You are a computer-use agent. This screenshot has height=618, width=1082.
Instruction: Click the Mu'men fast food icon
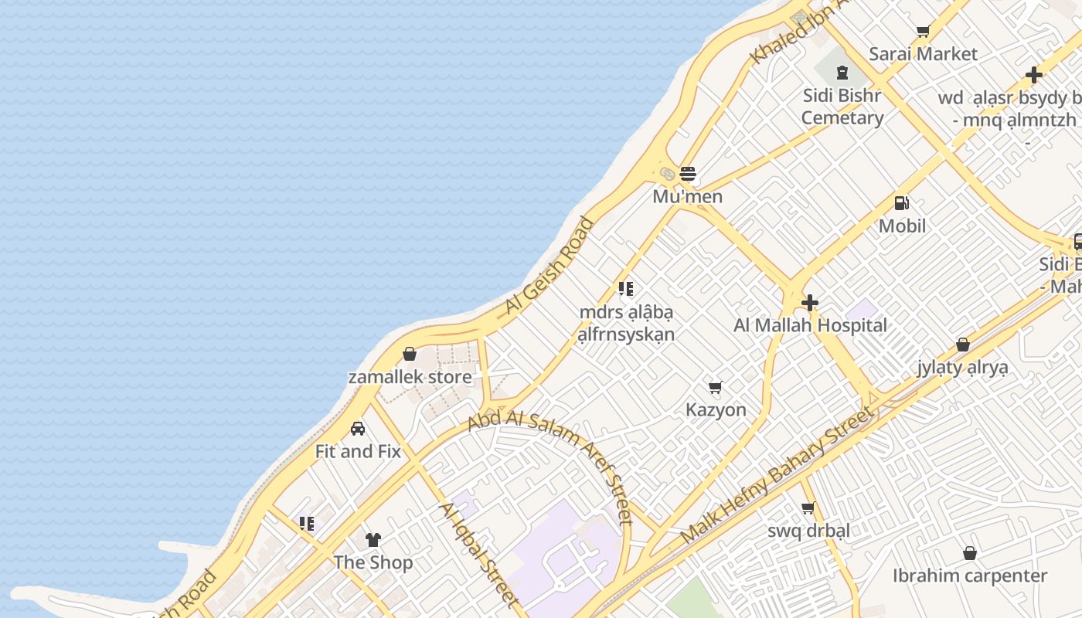688,173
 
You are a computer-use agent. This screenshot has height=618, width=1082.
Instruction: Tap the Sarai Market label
923,54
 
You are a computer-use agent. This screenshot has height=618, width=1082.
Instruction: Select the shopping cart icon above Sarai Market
923,32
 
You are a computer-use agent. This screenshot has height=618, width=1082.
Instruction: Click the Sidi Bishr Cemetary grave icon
842,73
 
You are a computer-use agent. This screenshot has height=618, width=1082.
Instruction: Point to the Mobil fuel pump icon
901,203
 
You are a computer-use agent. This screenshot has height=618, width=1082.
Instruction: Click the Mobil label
902,226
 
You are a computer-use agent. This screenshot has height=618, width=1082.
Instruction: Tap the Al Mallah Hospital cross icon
810,302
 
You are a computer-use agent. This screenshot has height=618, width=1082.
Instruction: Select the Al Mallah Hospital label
810,325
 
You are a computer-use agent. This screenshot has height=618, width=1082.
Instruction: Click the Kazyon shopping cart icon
716,387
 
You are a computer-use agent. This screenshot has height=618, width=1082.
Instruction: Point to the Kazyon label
716,409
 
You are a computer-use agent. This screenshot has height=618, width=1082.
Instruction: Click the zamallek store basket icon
410,354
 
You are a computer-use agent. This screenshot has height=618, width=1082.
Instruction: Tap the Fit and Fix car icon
358,428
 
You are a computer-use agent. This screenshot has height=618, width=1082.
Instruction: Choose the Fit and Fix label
358,451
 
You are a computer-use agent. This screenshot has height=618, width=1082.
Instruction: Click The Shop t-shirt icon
373,539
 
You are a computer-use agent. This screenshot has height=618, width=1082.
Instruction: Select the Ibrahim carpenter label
970,576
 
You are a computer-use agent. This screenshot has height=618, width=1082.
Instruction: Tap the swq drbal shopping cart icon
808,508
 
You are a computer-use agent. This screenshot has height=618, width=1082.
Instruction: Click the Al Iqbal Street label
478,553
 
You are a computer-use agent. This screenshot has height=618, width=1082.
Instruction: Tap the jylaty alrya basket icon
963,345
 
